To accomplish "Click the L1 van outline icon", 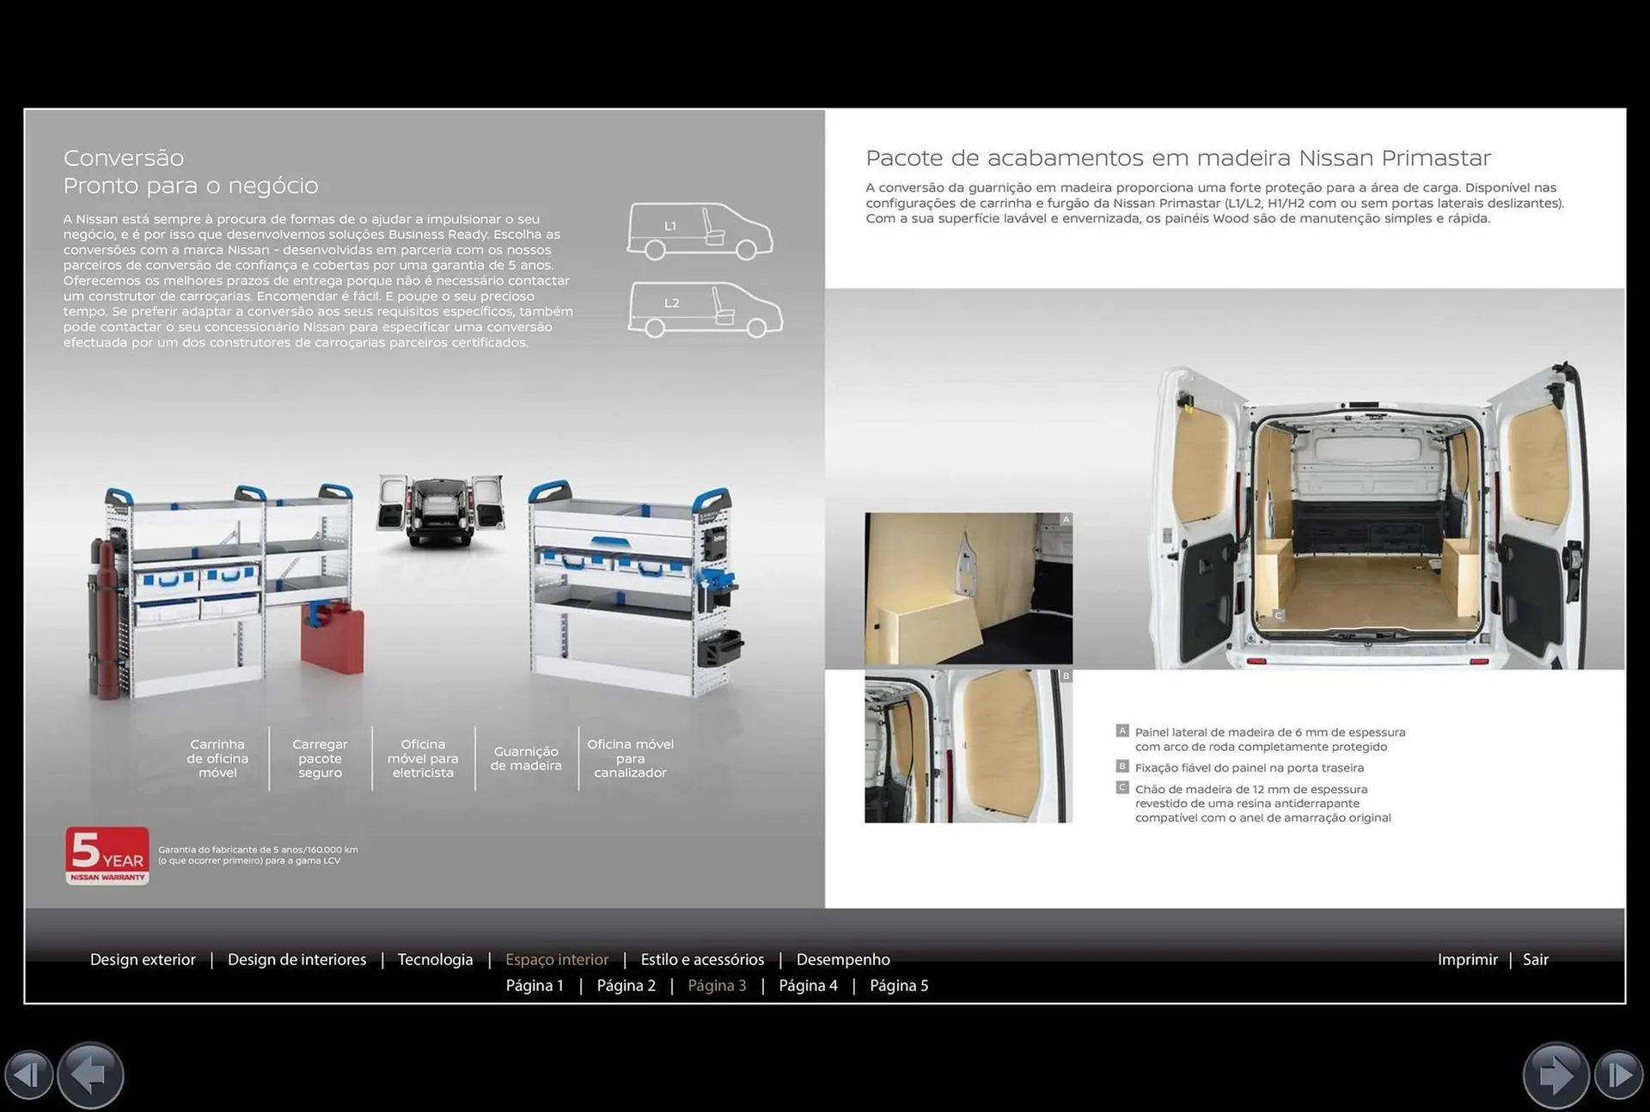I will coord(699,230).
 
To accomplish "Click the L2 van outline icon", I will coord(704,309).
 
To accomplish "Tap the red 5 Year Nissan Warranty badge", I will coord(107,855).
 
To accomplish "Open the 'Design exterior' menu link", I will coord(143,959).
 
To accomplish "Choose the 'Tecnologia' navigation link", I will coord(435,959).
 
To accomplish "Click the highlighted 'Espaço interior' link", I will coord(557,959).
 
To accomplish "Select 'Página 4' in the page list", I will coord(808,986).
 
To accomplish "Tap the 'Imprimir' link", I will coord(1467,959).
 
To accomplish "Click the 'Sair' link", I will coord(1535,959).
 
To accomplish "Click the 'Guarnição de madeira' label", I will coord(526,758).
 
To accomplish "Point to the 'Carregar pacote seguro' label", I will coord(320,758).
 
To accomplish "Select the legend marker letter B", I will coord(1122,766).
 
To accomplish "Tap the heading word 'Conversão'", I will coord(124,158).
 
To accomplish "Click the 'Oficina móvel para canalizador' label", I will coord(630,758).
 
